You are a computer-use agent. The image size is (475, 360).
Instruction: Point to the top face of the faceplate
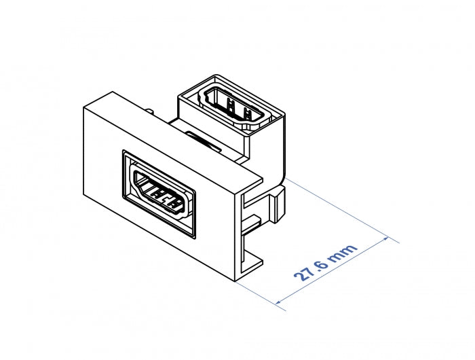click(173, 136)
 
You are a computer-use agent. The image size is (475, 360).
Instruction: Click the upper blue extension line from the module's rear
click(339, 207)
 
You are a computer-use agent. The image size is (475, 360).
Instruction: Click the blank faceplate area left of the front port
click(102, 183)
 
